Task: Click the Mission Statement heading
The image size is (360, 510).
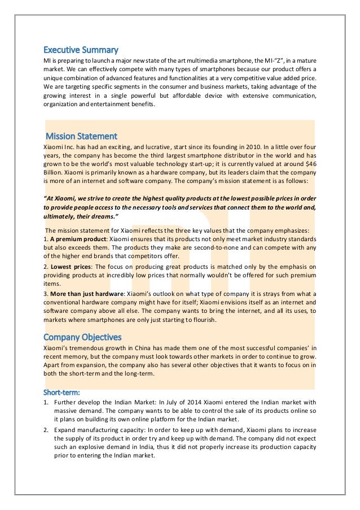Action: click(x=81, y=136)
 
